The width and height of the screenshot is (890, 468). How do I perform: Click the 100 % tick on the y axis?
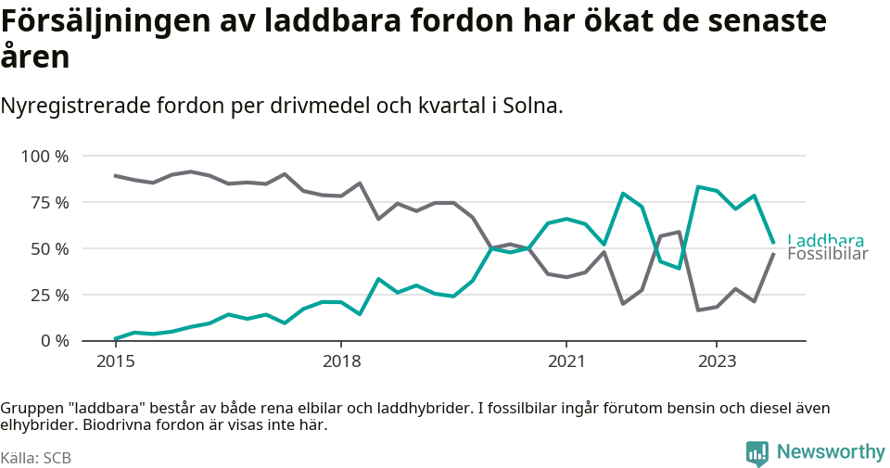point(44,157)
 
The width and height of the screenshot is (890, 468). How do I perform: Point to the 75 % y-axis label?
point(48,203)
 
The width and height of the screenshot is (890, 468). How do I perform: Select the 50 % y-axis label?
point(48,249)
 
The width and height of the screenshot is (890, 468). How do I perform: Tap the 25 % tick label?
point(48,296)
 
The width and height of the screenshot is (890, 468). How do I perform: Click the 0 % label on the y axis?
point(53,341)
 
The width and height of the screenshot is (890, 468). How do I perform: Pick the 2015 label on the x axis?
point(115,360)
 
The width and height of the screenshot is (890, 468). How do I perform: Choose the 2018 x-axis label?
point(341,360)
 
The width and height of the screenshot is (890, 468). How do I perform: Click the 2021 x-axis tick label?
point(566,360)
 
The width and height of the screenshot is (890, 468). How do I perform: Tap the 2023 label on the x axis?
point(717,360)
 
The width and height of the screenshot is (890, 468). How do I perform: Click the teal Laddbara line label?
point(825,241)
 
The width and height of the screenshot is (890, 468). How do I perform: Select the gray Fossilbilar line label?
point(827,255)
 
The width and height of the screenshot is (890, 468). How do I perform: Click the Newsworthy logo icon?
point(757,453)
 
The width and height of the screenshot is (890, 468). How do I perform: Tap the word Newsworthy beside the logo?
point(831,452)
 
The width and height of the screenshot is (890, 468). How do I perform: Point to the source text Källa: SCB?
point(36,458)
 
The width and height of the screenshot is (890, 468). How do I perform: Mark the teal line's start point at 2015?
point(115,339)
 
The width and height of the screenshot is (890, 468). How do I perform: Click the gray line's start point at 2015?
point(115,175)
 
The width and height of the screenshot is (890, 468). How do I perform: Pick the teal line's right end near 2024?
point(773,244)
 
